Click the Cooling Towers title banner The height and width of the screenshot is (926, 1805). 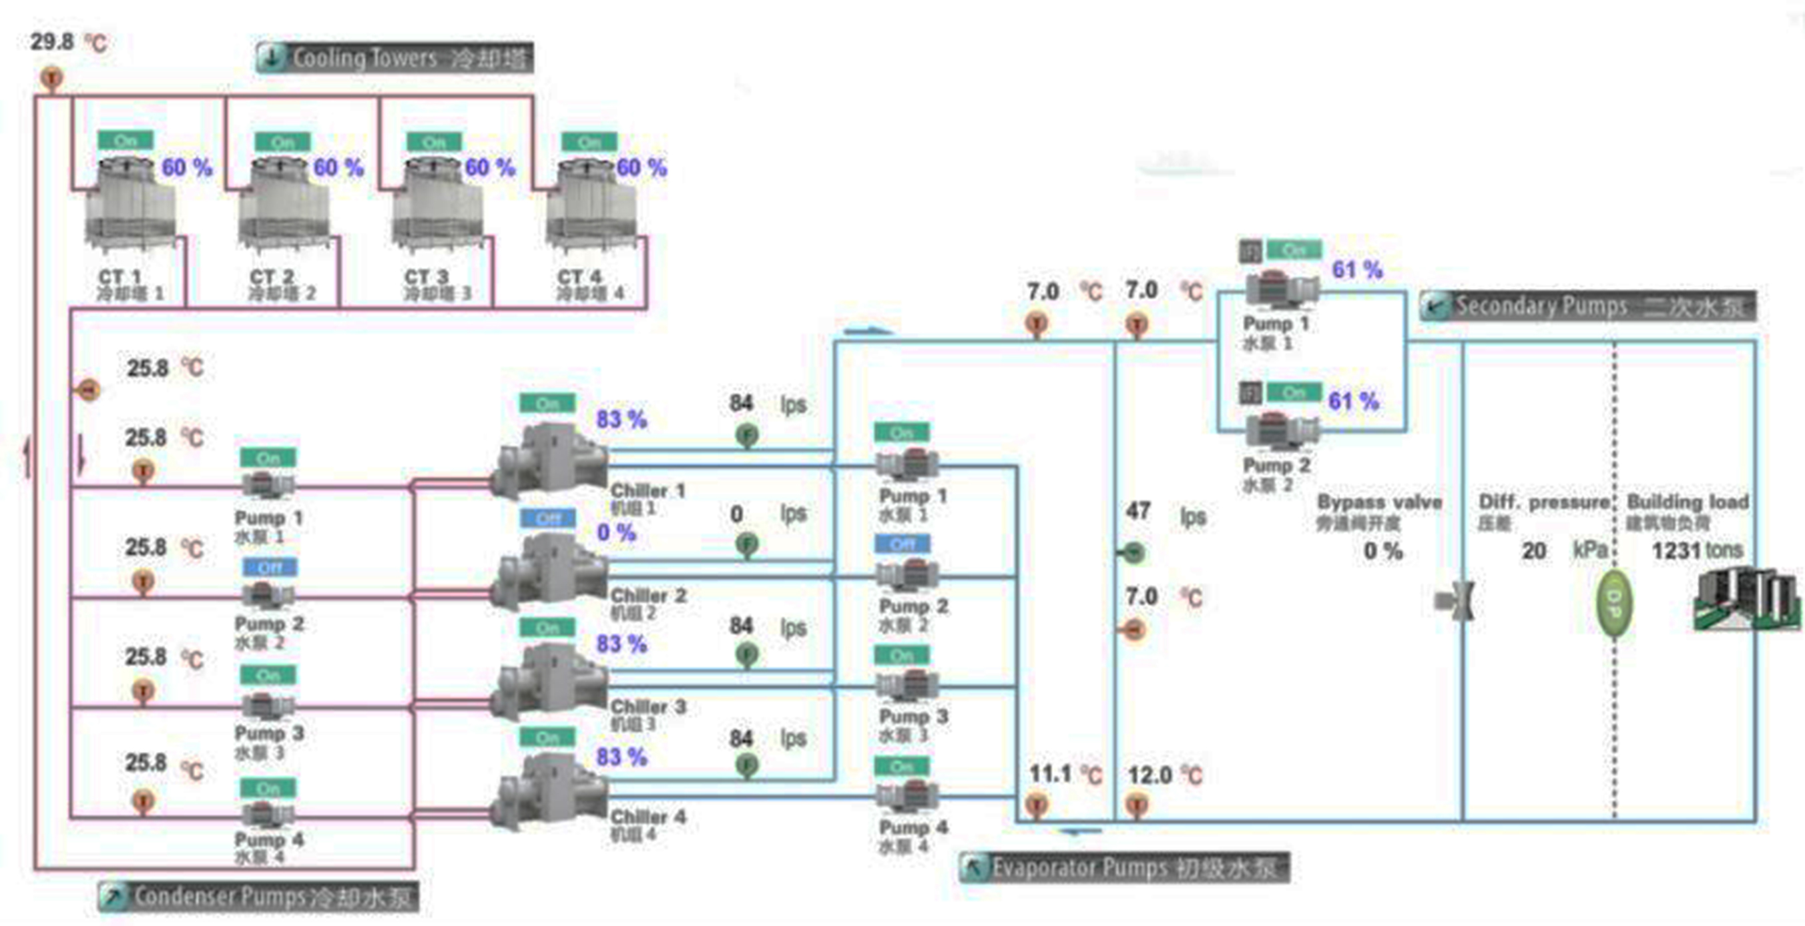pos(395,57)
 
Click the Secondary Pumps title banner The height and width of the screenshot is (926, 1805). pos(1588,306)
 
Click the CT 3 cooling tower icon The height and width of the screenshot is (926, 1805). pos(437,205)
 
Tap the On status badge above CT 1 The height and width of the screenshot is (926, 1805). pos(125,141)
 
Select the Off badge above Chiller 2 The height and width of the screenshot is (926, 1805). pos(548,518)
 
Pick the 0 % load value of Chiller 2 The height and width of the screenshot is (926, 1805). pos(616,533)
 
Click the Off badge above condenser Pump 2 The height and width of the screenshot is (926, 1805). pos(270,567)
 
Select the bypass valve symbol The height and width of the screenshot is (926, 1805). pos(1456,601)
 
